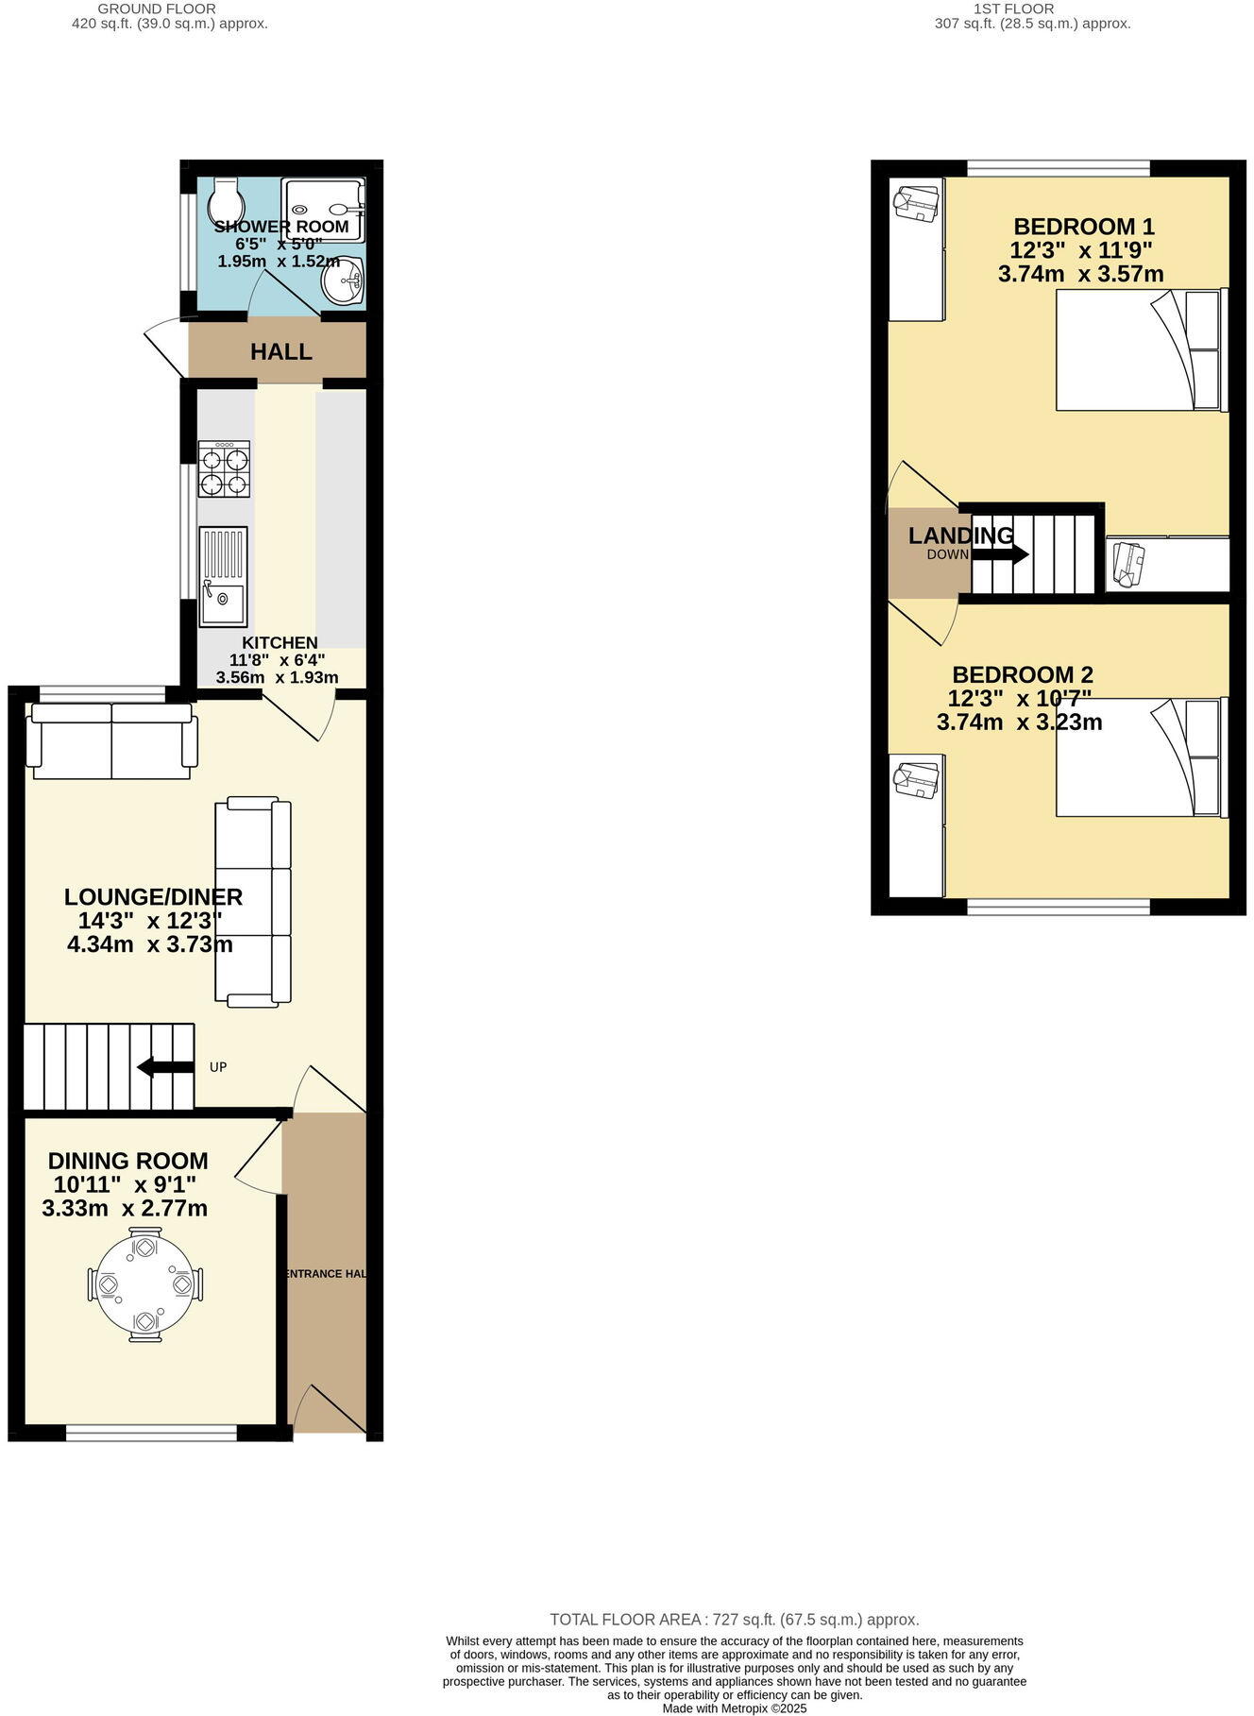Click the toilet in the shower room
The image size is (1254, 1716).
pyautogui.click(x=227, y=199)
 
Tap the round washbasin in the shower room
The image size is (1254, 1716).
pyautogui.click(x=345, y=281)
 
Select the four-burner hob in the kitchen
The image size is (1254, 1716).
pyautogui.click(x=224, y=468)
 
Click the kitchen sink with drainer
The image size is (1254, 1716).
pyautogui.click(x=223, y=577)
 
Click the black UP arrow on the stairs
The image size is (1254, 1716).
pyautogui.click(x=164, y=1067)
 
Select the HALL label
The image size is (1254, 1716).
pyautogui.click(x=281, y=352)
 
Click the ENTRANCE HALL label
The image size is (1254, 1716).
pyautogui.click(x=325, y=1274)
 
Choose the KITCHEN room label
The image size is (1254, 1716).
pyautogui.click(x=280, y=643)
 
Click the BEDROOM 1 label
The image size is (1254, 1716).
pyautogui.click(x=1084, y=227)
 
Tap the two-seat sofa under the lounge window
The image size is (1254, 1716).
pyautogui.click(x=111, y=741)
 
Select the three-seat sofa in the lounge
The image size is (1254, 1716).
pyautogui.click(x=253, y=901)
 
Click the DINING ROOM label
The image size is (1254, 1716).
pyautogui.click(x=128, y=1161)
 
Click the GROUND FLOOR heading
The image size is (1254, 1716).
pyautogui.click(x=170, y=8)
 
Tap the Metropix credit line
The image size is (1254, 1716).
pyautogui.click(x=734, y=1708)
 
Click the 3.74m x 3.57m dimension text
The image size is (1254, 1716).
pyautogui.click(x=1080, y=275)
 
